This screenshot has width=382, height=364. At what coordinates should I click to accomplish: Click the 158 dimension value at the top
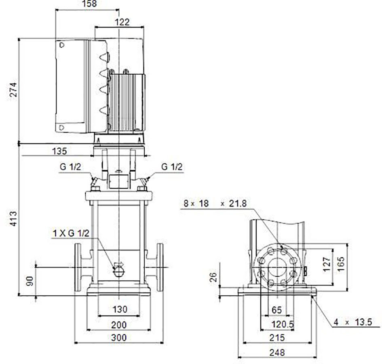pos(89,4)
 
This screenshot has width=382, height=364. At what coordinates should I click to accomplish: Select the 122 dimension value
pos(122,22)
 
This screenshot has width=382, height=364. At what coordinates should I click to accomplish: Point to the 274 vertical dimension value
pos(13,90)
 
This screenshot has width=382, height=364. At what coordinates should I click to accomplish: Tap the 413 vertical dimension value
pos(13,219)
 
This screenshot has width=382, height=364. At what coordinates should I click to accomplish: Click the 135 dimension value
pos(59,151)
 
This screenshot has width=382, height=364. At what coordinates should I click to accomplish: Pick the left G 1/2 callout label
pos(70,167)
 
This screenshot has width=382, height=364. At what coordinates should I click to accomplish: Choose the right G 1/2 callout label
pos(172,167)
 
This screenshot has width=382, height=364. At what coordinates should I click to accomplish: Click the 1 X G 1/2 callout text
pos(71,233)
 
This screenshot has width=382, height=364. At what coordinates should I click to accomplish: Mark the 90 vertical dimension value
pos(30,281)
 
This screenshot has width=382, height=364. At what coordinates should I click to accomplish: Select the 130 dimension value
pos(120,309)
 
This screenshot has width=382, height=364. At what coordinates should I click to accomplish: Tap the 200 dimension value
pos(119,325)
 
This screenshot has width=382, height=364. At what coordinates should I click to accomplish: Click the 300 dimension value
pos(119,338)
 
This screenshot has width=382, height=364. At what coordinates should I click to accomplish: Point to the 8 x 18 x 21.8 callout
pos(215,204)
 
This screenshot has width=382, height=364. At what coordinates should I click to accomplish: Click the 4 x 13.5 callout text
pos(353,322)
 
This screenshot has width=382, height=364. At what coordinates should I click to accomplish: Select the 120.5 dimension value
pos(283,324)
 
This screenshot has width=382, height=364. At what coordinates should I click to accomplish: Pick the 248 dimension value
pos(277,352)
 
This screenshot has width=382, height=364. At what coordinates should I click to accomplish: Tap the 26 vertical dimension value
pos(213,277)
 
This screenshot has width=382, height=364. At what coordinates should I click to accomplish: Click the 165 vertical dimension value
pos(341,264)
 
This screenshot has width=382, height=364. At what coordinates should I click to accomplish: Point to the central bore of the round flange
pos(277,267)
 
